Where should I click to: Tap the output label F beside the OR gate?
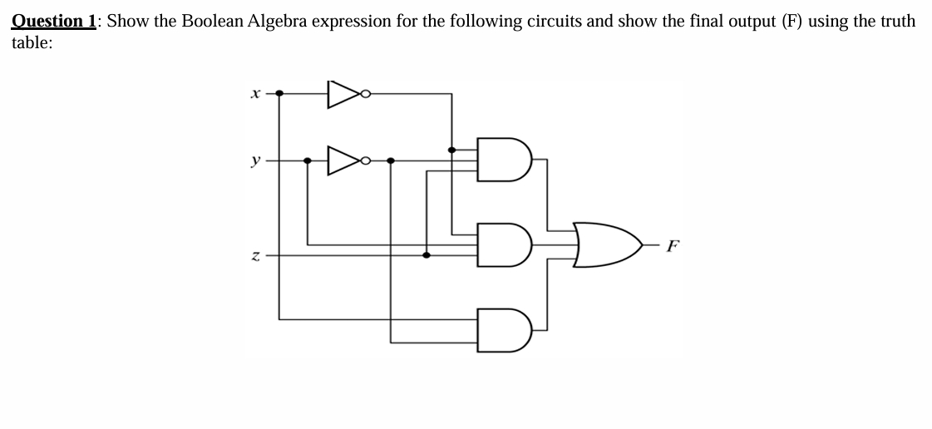click(x=673, y=245)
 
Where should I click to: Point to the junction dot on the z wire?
click(x=427, y=255)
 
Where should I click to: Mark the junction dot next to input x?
click(x=279, y=94)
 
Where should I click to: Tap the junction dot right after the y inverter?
click(x=392, y=160)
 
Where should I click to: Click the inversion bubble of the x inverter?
click(x=365, y=94)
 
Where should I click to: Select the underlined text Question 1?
click(x=55, y=21)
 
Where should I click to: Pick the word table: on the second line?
click(x=32, y=43)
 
